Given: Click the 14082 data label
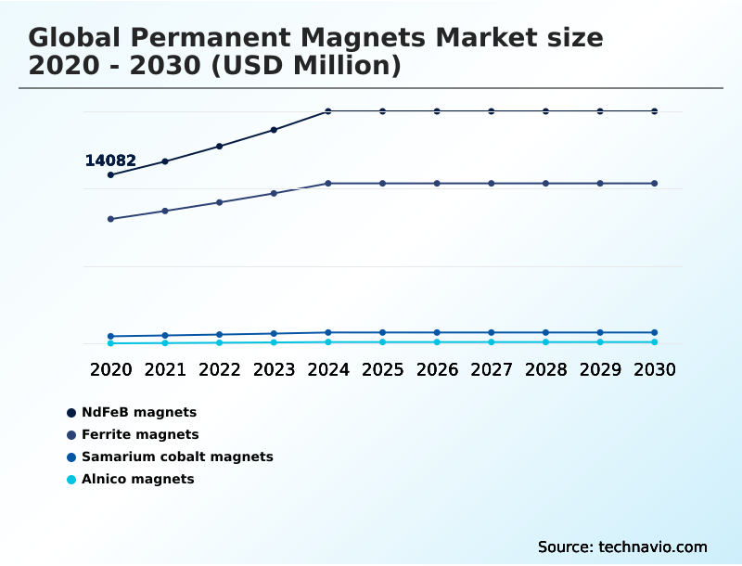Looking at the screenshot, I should coord(110,161).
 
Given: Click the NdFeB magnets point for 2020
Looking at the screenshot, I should coord(110,174).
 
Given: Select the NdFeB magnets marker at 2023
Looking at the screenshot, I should coord(274,130).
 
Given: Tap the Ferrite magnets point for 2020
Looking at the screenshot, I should coord(110,219).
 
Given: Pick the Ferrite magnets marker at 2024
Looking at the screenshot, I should coord(328,184).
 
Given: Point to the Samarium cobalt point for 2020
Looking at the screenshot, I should coord(110,336).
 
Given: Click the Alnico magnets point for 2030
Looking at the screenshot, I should coord(654,342).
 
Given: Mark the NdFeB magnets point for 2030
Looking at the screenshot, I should coord(654,111).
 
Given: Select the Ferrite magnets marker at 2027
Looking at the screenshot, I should coord(492,184).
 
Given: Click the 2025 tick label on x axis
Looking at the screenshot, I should coord(382,369).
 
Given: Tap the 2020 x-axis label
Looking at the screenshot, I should coord(110,369).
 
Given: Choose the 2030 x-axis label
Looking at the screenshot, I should coord(654,369).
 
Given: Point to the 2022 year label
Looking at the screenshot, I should coord(219,369).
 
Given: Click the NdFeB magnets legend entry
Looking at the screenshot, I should coord(139,412).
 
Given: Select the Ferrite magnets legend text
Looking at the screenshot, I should coord(140,434).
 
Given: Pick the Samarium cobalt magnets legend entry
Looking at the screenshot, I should coord(177,457).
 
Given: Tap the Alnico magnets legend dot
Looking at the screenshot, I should coord(71,480).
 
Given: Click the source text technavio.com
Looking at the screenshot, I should coord(622,547).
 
